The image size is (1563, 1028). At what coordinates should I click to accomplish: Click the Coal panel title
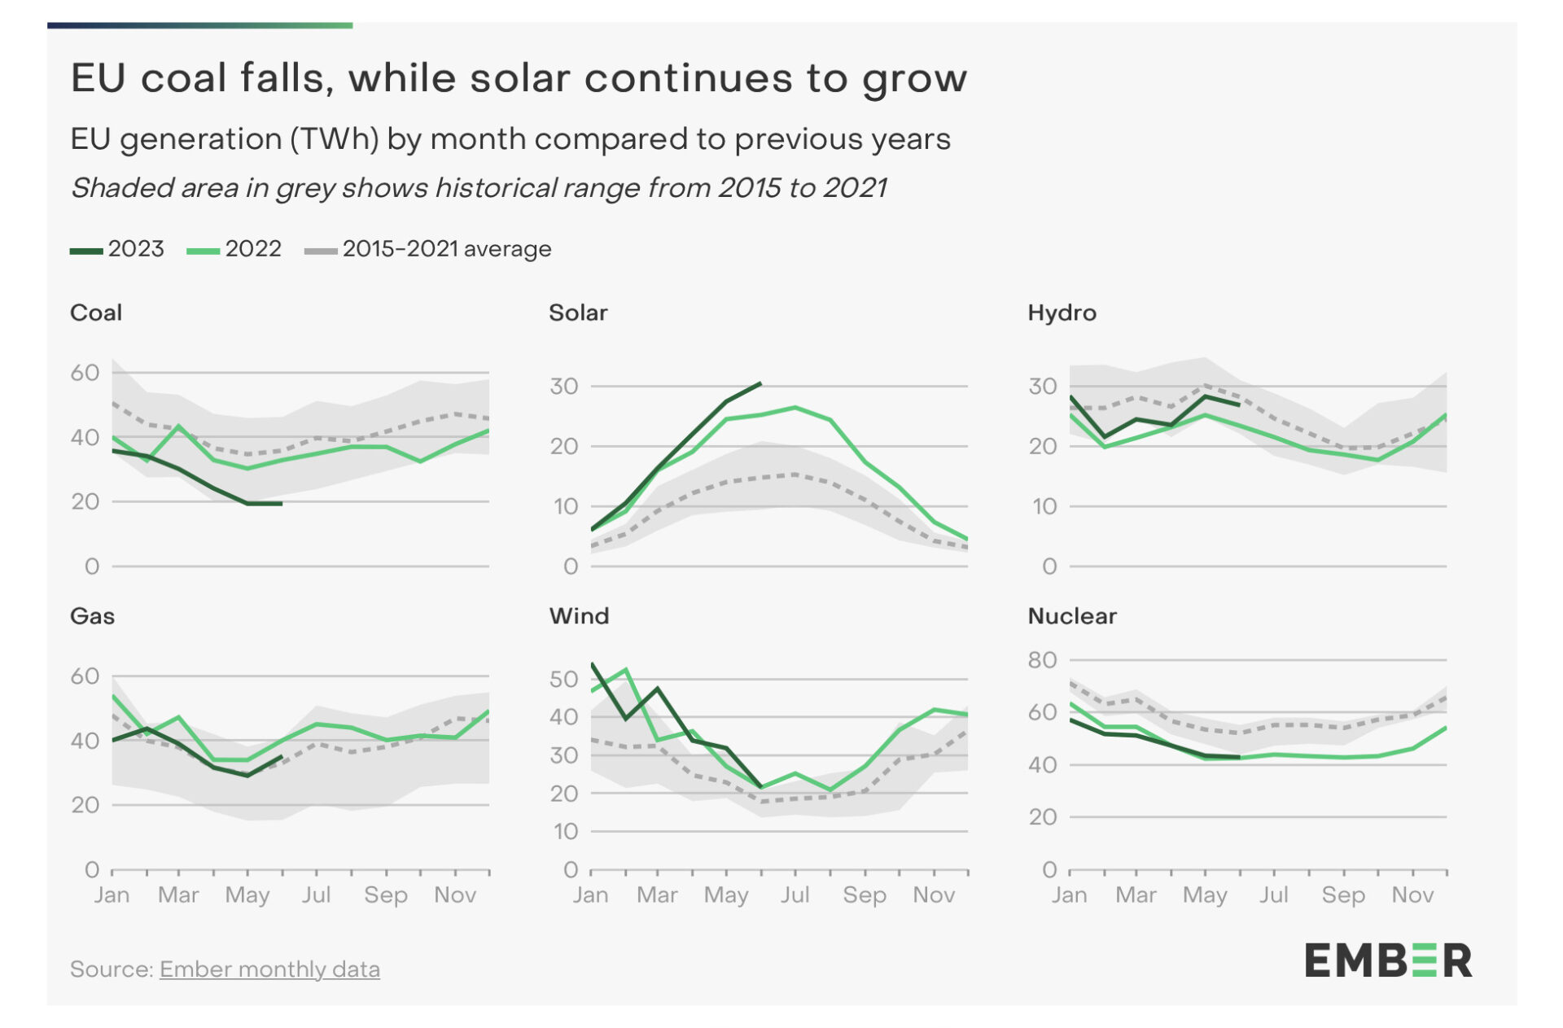click(96, 313)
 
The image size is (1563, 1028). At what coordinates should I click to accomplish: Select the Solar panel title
click(578, 313)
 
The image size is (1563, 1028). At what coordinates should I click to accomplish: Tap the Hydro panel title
click(1062, 313)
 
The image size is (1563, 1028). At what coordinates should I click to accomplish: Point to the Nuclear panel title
click(1072, 616)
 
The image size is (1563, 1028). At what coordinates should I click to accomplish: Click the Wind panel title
click(579, 616)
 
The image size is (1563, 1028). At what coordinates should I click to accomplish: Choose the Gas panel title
click(92, 616)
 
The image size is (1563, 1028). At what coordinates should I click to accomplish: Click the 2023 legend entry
click(118, 249)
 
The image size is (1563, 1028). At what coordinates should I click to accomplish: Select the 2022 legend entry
click(234, 249)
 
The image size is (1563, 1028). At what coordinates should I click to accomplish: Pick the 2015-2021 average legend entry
click(428, 249)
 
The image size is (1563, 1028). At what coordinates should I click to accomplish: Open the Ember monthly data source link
click(269, 969)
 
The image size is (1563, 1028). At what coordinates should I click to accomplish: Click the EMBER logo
click(1388, 961)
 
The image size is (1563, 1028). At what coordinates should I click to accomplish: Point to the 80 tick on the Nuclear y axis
click(1042, 660)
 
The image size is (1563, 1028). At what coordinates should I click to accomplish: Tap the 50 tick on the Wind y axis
click(563, 680)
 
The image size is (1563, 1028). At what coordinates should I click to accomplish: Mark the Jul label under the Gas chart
click(317, 895)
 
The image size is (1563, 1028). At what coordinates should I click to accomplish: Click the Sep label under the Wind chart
click(865, 895)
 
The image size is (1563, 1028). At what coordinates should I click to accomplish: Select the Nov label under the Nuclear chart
click(1412, 895)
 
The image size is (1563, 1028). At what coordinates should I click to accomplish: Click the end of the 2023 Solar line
click(760, 383)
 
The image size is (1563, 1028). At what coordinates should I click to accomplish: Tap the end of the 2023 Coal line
click(282, 504)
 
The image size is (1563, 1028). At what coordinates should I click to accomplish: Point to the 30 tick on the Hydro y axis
click(1042, 387)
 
